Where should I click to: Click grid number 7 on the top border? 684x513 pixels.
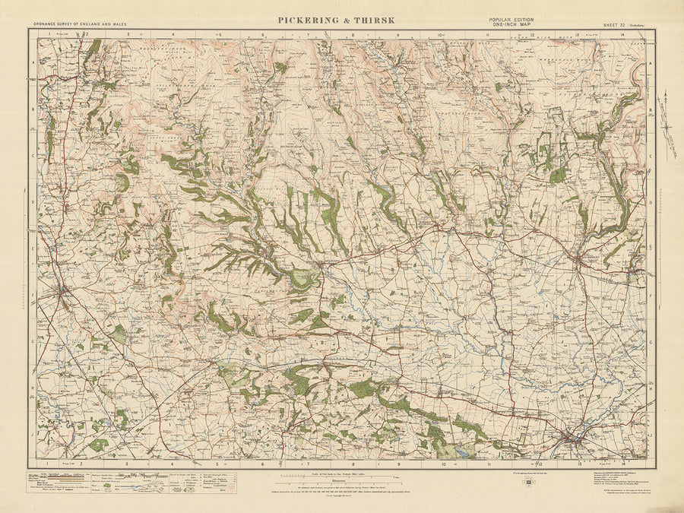[309, 34]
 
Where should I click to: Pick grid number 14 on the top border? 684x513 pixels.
[622, 34]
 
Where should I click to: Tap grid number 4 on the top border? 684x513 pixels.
[173, 34]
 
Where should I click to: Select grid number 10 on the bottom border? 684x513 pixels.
[443, 463]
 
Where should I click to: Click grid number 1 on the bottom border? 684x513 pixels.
[46, 463]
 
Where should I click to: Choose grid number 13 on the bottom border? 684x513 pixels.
[579, 463]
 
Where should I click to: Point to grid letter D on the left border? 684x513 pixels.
[33, 202]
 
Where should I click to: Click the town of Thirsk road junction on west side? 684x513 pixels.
[62, 291]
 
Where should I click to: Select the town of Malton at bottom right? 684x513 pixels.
[575, 439]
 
